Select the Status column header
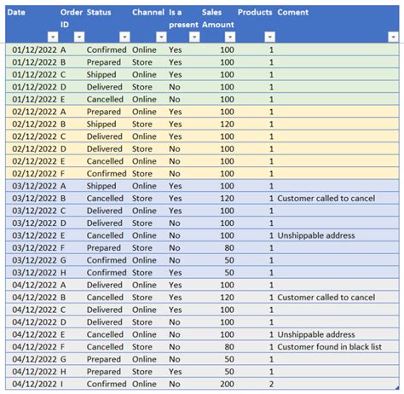click(x=99, y=13)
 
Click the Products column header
click(x=255, y=13)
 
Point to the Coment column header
click(x=293, y=13)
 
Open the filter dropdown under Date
click(x=53, y=38)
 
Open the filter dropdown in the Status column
click(x=124, y=38)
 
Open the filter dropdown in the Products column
click(x=269, y=38)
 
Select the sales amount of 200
click(x=226, y=384)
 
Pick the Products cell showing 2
click(x=271, y=384)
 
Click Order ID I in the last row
click(x=63, y=384)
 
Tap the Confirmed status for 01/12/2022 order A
click(x=106, y=50)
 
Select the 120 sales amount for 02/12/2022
click(x=226, y=125)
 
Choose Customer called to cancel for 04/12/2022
click(x=326, y=298)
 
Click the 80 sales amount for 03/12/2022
click(x=228, y=248)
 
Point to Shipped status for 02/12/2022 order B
click(x=101, y=125)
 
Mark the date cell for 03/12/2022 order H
click(x=33, y=273)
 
